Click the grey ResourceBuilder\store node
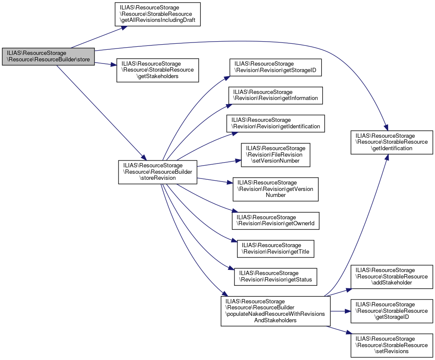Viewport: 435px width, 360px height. point(48,56)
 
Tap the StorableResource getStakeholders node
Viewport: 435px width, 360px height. point(157,70)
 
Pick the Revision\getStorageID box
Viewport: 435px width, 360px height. point(275,67)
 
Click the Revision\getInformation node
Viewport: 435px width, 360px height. point(275,95)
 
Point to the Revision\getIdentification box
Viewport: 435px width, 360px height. point(276,123)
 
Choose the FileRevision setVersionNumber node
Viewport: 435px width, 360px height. point(275,155)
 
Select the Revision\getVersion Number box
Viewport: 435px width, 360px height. point(275,189)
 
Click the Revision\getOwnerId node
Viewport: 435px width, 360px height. point(276,221)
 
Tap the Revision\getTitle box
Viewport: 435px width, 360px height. point(276,248)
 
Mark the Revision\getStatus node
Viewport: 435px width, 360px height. point(275,276)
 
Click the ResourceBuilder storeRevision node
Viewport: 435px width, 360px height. point(158,172)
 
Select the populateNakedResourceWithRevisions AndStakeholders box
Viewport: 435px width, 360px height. point(275,311)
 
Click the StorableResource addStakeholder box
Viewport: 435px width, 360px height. point(391,277)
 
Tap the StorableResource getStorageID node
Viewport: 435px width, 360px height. point(391,311)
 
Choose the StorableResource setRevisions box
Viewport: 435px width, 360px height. point(391,345)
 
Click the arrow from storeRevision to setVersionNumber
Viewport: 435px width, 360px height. point(217,163)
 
